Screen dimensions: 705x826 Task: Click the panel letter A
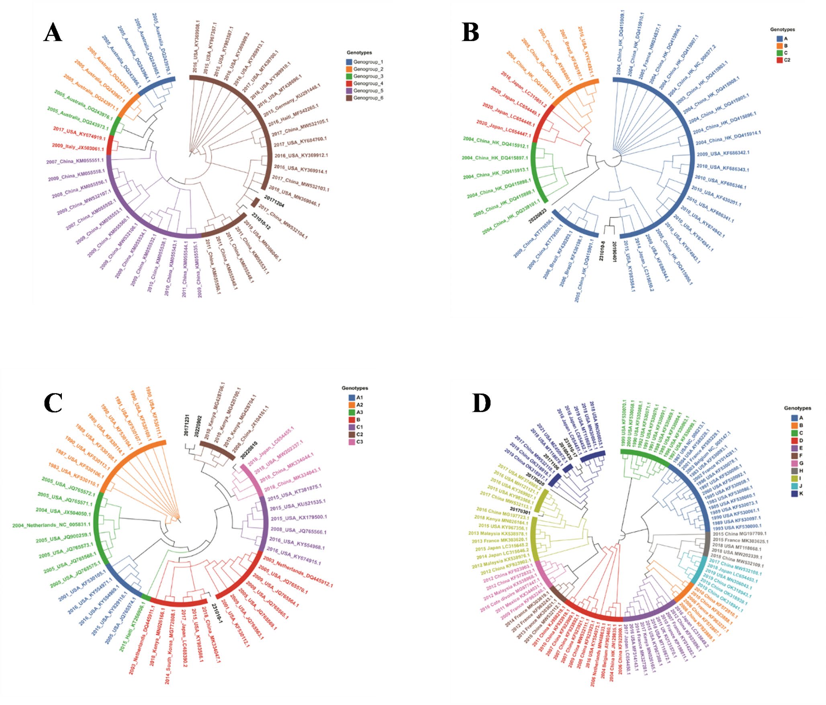point(53,33)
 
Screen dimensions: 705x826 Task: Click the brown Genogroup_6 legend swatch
point(349,98)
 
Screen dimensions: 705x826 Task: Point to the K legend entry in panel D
point(797,494)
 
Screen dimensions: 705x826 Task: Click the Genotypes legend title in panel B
point(782,29)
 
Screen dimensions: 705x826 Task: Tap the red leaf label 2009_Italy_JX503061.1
point(78,147)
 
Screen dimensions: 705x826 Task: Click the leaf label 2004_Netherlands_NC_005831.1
point(51,525)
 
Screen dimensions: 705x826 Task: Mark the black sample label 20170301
point(520,512)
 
